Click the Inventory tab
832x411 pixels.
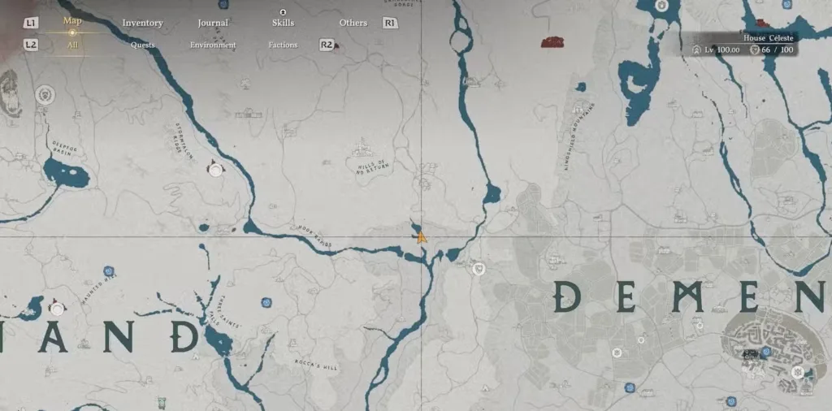pos(142,23)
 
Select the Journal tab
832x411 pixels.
pos(213,23)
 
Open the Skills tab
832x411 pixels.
pos(283,23)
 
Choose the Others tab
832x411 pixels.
pos(353,23)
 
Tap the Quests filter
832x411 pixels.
pos(142,45)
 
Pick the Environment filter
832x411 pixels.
pos(213,45)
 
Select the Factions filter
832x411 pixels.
pos(283,45)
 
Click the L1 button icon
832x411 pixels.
pos(32,23)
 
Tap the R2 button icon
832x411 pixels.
pos(327,45)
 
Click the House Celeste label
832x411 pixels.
pos(768,37)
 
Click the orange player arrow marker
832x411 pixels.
pos(421,237)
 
